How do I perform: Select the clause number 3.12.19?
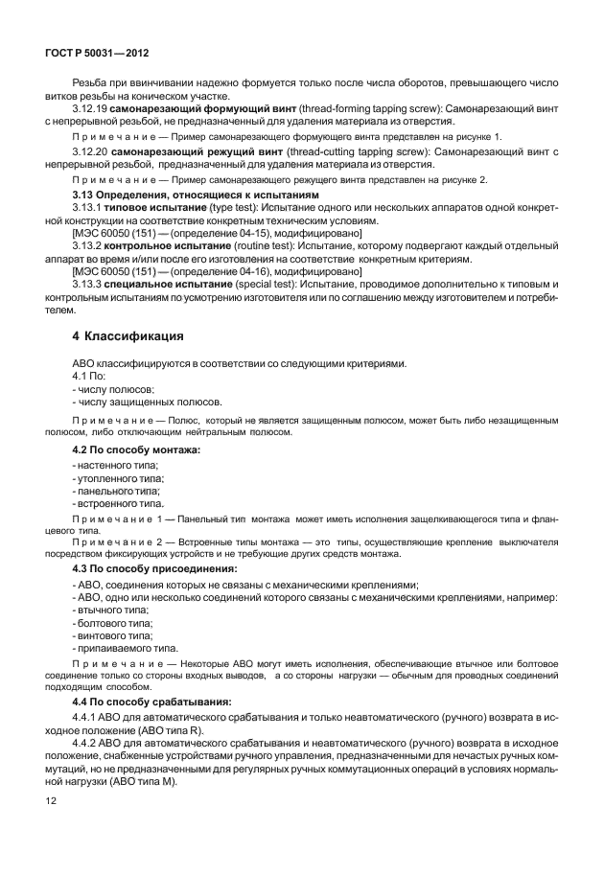[x=90, y=110]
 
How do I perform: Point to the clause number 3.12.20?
[x=90, y=151]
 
